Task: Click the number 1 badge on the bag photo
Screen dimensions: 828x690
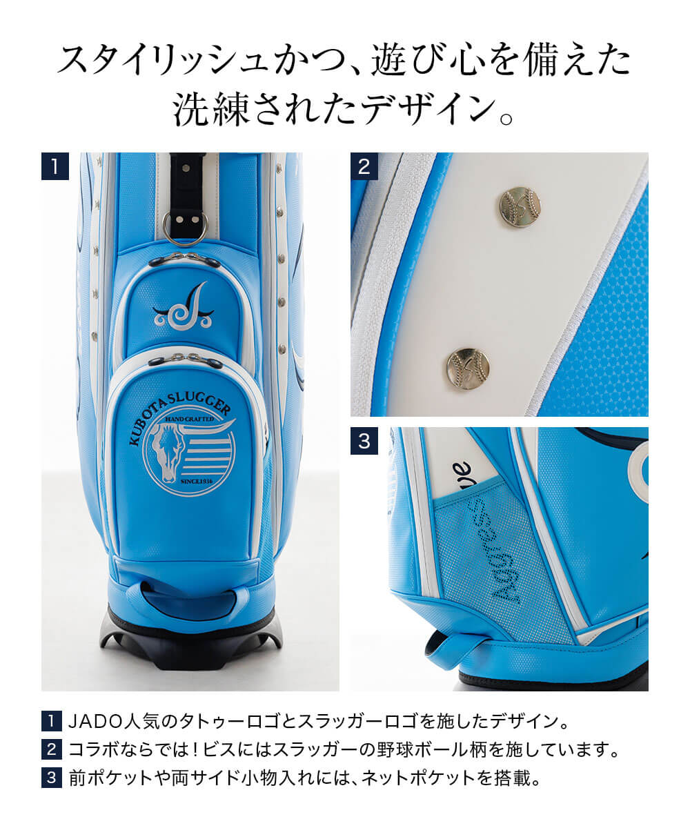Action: pos(55,166)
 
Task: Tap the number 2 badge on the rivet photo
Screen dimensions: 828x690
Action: pos(364,166)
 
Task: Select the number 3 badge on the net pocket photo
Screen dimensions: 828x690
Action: pos(364,441)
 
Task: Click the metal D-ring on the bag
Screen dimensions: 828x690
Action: pos(184,228)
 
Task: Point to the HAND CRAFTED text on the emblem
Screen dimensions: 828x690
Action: pos(195,419)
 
